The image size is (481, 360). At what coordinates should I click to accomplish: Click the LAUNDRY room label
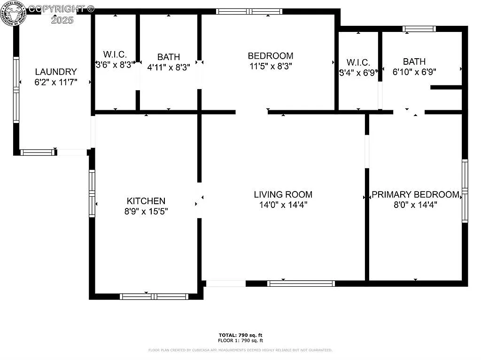pyautogui.click(x=55, y=72)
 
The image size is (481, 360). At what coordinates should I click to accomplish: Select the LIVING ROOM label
pyautogui.click(x=283, y=194)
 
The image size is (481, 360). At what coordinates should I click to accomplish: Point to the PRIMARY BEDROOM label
pyautogui.click(x=415, y=194)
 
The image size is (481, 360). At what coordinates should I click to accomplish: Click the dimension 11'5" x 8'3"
pyautogui.click(x=271, y=67)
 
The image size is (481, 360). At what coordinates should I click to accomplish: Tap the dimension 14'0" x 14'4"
pyautogui.click(x=283, y=205)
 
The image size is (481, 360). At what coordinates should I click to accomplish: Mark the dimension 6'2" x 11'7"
pyautogui.click(x=55, y=82)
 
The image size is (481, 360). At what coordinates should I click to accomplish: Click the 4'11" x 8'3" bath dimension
pyautogui.click(x=168, y=67)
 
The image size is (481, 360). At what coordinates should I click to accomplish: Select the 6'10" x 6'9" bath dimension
pyautogui.click(x=414, y=72)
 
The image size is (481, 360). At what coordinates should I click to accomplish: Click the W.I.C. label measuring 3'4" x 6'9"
pyautogui.click(x=358, y=62)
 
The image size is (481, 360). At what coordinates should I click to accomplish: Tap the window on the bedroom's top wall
pyautogui.click(x=249, y=11)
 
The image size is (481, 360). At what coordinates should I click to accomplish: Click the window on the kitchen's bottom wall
pyautogui.click(x=154, y=296)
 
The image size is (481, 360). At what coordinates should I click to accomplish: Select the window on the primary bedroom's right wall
pyautogui.click(x=465, y=191)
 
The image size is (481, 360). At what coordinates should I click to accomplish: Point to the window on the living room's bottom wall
pyautogui.click(x=301, y=283)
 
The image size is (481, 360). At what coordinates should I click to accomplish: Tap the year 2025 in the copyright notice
pyautogui.click(x=62, y=20)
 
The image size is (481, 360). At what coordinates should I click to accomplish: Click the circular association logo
pyautogui.click(x=13, y=13)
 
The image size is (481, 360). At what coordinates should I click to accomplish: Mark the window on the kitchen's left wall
pyautogui.click(x=92, y=193)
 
